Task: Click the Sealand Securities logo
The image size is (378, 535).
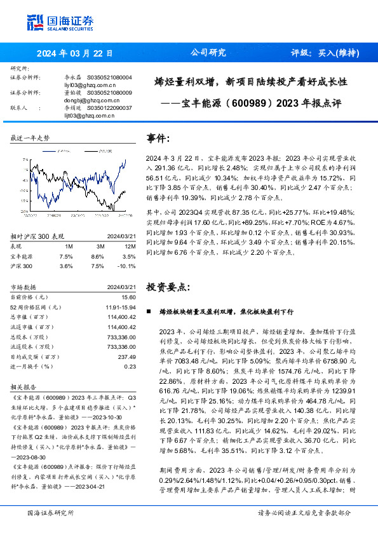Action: [60, 22]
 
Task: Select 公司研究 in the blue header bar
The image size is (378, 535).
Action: [208, 53]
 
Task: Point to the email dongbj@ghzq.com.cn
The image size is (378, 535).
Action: [90, 100]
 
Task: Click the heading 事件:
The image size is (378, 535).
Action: [158, 139]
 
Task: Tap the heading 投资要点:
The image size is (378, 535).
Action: [168, 287]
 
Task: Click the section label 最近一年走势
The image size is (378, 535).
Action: [30, 138]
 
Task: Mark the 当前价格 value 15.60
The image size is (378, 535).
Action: [129, 297]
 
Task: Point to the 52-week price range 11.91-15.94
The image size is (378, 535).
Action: [120, 307]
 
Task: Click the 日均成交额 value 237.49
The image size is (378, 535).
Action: [127, 356]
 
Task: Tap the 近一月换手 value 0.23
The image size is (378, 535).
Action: [130, 366]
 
